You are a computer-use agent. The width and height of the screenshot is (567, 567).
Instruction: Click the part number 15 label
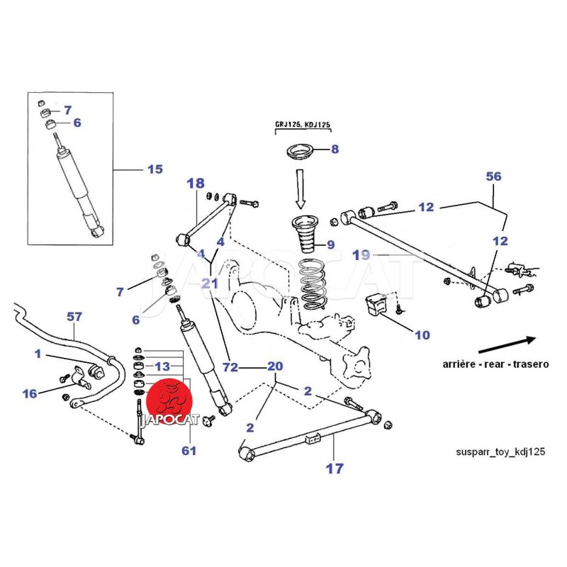pyautogui.click(x=155, y=169)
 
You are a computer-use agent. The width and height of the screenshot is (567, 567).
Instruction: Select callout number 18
pyautogui.click(x=195, y=184)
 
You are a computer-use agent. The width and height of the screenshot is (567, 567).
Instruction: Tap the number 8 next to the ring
pyautogui.click(x=335, y=150)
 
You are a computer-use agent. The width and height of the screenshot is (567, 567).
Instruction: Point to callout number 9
pyautogui.click(x=329, y=245)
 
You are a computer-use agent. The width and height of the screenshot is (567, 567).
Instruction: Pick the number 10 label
pyautogui.click(x=422, y=335)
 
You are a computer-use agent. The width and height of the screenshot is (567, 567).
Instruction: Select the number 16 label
pyautogui.click(x=30, y=393)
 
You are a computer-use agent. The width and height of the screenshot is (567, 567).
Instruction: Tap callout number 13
pyautogui.click(x=163, y=366)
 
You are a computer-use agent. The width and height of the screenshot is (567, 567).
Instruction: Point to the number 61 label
pyautogui.click(x=189, y=451)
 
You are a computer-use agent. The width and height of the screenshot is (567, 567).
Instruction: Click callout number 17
pyautogui.click(x=334, y=468)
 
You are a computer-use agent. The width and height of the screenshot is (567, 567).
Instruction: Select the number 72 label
pyautogui.click(x=228, y=367)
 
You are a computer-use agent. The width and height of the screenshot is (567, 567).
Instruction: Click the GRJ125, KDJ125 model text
pyautogui.click(x=303, y=125)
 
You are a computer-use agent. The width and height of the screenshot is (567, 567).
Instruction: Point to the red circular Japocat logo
pyautogui.click(x=170, y=400)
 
